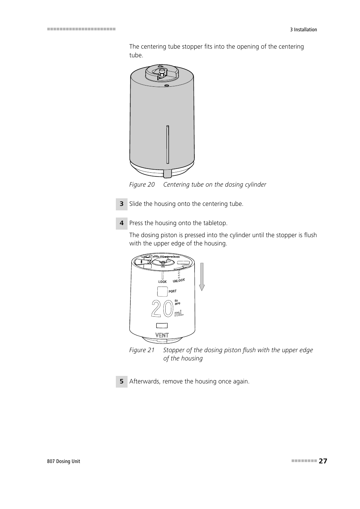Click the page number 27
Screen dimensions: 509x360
[323, 461]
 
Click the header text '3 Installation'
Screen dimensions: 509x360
[303, 30]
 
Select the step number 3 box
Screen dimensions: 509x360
[122, 204]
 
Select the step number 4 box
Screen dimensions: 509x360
[122, 223]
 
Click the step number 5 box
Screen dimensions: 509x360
[122, 382]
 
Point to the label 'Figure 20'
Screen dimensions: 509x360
[142, 184]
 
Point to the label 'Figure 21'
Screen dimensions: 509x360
[142, 350]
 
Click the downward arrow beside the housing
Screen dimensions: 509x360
[202, 277]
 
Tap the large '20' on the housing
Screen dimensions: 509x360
[162, 309]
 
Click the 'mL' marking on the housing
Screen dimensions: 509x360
[178, 313]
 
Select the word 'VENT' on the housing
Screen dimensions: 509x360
[162, 335]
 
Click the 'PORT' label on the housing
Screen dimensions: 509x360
[172, 291]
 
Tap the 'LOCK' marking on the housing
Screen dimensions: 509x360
[162, 282]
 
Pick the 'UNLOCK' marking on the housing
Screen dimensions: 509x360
[179, 281]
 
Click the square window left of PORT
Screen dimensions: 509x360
[162, 291]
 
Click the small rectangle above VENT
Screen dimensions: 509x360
[162, 325]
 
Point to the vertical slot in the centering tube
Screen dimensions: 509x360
[168, 144]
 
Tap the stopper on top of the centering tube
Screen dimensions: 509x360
[162, 72]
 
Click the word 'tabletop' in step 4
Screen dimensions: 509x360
[215, 223]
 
